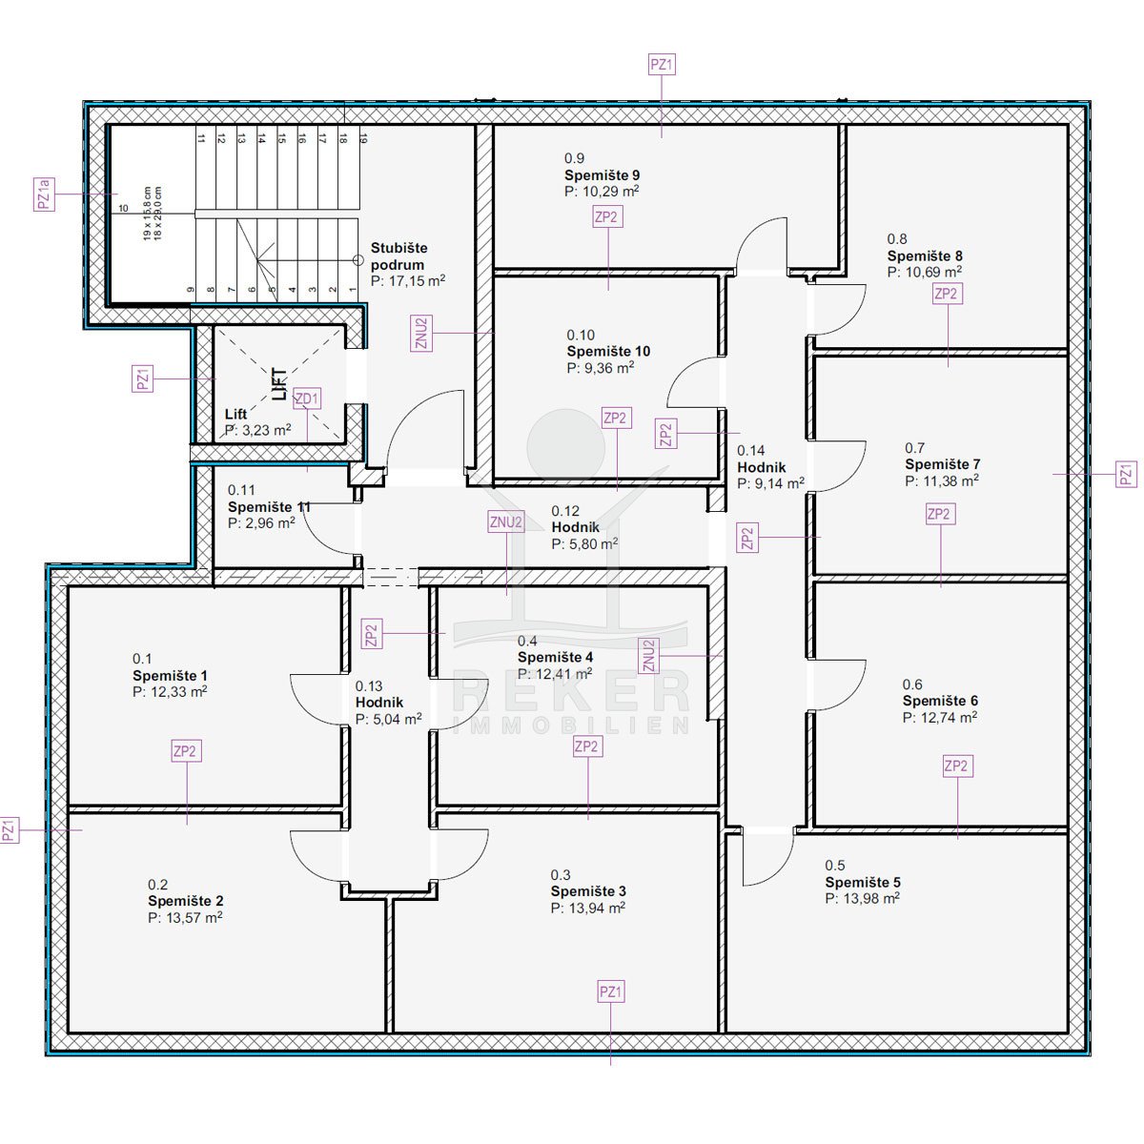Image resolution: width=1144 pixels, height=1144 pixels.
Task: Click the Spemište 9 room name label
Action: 602,175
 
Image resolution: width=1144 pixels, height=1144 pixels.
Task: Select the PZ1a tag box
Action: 45,194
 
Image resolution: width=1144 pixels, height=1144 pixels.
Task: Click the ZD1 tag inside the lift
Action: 307,398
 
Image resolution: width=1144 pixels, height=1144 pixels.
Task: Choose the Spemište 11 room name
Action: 269,507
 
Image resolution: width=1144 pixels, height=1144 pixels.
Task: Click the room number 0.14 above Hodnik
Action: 751,451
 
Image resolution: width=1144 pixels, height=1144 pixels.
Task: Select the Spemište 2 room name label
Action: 185,901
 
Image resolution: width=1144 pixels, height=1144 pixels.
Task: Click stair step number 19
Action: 363,138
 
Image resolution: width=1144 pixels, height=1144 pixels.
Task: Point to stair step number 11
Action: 201,138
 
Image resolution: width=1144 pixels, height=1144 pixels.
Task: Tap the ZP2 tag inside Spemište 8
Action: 947,294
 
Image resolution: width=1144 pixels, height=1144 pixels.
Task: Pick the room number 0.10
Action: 581,335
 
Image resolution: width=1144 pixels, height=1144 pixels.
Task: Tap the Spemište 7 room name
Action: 942,464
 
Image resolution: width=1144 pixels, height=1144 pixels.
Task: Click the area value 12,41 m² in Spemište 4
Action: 555,674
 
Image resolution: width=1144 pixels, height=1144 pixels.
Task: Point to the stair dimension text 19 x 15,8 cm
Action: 147,214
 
